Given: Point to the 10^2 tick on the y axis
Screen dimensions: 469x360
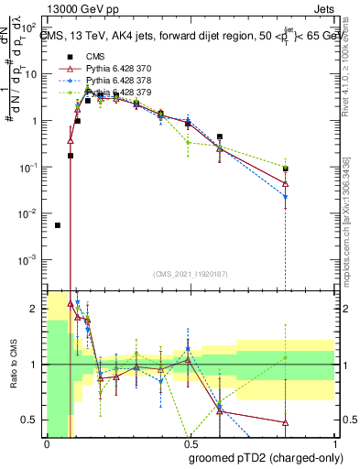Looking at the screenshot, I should click(31, 27).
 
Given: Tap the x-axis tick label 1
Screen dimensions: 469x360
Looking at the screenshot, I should click(335, 443).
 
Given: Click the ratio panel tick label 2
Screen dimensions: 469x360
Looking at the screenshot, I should click(35, 310).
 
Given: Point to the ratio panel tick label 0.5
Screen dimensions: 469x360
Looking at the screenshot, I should click(32, 420).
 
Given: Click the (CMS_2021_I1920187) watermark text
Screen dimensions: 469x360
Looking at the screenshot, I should click(191, 274).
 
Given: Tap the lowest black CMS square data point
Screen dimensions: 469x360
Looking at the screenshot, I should click(58, 224).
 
